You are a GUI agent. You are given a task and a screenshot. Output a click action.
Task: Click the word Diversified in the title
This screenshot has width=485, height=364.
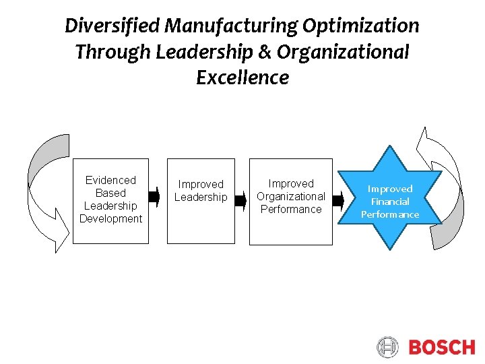(x=112, y=26)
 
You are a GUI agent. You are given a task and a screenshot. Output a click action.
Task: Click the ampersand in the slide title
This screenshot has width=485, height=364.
(x=266, y=52)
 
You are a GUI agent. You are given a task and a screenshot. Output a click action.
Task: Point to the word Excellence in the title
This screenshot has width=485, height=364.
(x=243, y=78)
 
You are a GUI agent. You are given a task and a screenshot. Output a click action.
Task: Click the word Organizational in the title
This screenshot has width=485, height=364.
(x=343, y=52)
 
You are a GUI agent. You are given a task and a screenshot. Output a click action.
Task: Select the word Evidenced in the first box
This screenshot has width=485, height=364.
(x=110, y=180)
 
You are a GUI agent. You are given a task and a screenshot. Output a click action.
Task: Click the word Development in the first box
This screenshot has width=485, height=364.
(x=110, y=218)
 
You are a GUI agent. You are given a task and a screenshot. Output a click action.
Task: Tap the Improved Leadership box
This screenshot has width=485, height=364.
(x=201, y=201)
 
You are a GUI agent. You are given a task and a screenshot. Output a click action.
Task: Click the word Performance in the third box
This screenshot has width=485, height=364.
(x=291, y=209)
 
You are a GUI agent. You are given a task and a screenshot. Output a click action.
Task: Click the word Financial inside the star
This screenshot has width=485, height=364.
(x=390, y=202)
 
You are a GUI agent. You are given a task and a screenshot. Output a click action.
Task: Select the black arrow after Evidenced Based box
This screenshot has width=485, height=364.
(x=154, y=198)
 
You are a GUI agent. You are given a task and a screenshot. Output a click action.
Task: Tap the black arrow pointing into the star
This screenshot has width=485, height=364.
(x=338, y=200)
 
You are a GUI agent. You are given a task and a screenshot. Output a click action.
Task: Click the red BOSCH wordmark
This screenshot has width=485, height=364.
(x=441, y=347)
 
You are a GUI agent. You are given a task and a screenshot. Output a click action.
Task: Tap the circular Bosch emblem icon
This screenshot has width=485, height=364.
(x=388, y=347)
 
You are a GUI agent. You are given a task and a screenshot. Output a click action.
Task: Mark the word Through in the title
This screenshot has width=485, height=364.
(x=112, y=52)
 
